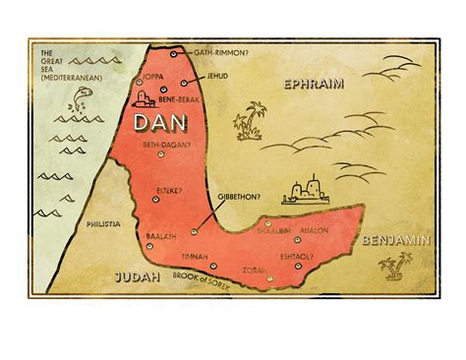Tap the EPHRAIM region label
tap(312, 85)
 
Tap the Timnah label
tap(195, 256)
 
